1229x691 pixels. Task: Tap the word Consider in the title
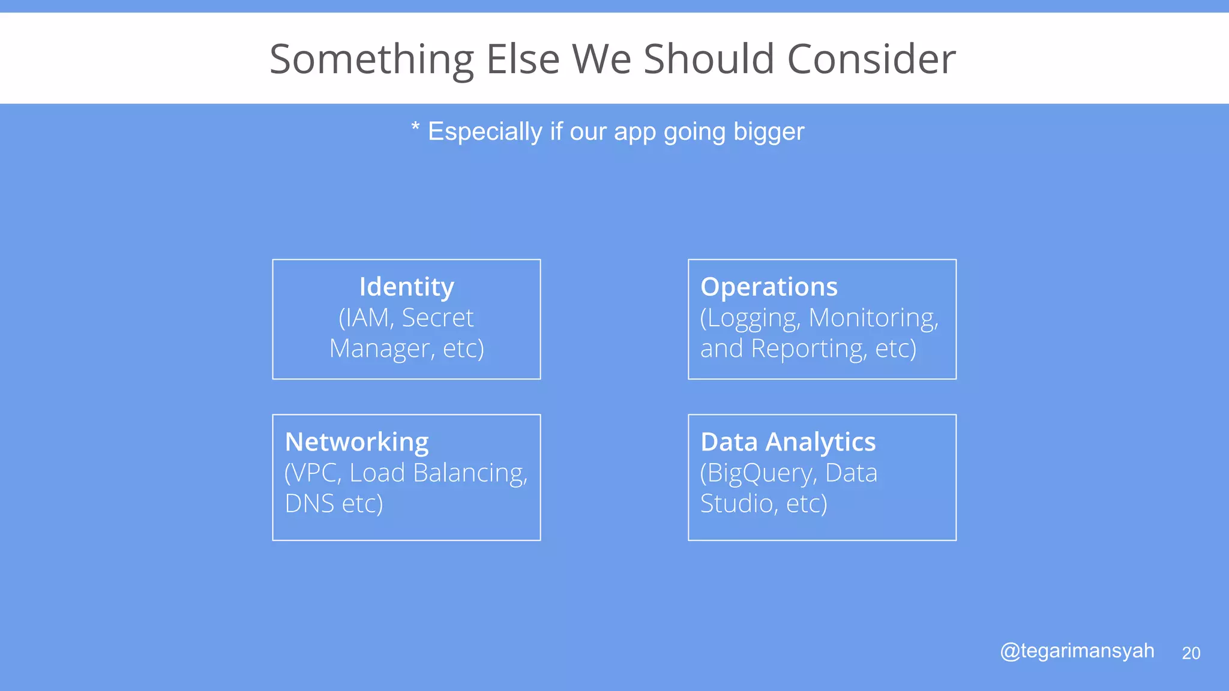(x=871, y=60)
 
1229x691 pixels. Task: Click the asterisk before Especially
(x=415, y=128)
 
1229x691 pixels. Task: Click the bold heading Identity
(x=406, y=287)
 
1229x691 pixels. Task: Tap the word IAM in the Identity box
(x=367, y=318)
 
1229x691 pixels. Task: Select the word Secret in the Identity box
(x=437, y=318)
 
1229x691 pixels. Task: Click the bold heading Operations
(x=769, y=287)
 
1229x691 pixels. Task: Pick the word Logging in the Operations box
(x=751, y=319)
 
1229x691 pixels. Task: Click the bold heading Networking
(x=356, y=443)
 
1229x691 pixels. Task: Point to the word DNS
(x=309, y=504)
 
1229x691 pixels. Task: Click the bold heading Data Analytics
(x=788, y=443)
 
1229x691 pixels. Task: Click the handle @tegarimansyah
(x=1077, y=651)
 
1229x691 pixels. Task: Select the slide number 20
(x=1191, y=653)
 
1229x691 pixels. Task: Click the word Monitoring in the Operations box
(x=873, y=319)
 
